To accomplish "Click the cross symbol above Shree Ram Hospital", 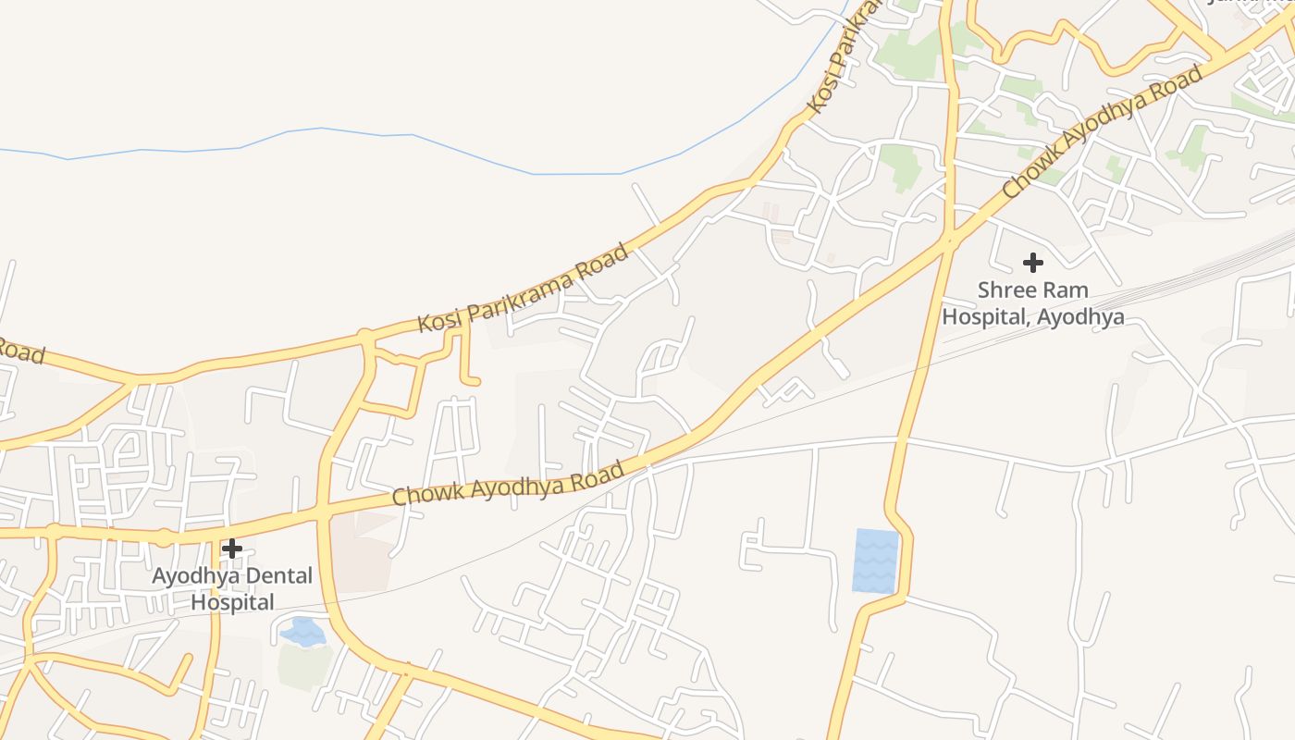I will coord(1032,263).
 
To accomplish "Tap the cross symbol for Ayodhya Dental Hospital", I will coord(231,549).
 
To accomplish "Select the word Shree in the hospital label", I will coord(1005,290).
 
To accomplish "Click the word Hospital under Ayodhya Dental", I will coord(232,602).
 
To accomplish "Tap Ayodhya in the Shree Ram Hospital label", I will coord(1080,317).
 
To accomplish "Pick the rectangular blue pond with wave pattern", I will coord(875,561).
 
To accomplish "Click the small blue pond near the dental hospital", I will coord(302,632).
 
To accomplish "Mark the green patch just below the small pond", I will coord(305,666).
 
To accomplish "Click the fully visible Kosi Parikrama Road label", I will coord(523,288).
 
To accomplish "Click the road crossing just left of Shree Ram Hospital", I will coord(948,242).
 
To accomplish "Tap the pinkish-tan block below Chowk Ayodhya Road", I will coord(364,552).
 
